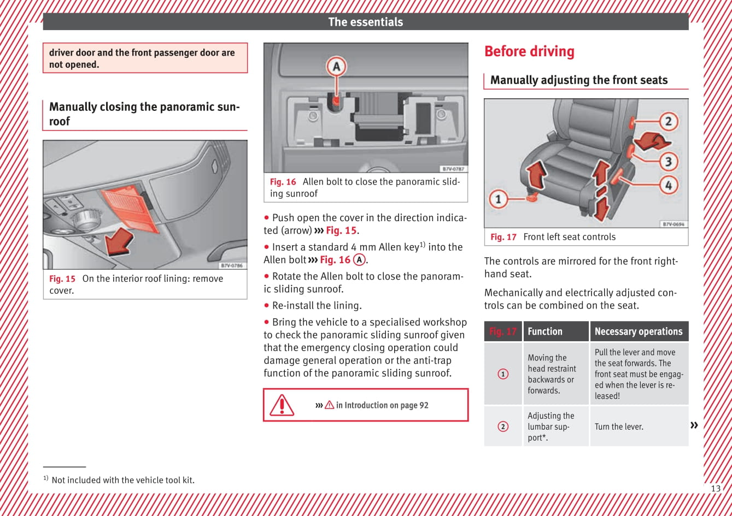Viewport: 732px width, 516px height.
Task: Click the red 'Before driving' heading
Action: (529, 52)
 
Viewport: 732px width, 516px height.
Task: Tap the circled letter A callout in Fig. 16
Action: (336, 67)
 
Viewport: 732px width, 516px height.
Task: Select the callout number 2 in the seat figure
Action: (668, 121)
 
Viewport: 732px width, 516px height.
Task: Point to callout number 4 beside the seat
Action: (668, 185)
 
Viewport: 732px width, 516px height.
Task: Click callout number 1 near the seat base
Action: (498, 198)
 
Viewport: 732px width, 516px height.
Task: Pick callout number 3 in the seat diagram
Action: (668, 161)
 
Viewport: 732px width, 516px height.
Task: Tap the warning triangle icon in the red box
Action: (282, 405)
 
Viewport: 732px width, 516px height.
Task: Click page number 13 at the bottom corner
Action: (715, 489)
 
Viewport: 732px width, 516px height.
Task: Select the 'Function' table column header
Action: (545, 331)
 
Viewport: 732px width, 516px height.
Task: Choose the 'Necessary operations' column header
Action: (639, 331)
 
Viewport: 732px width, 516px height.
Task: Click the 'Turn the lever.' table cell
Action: (619, 426)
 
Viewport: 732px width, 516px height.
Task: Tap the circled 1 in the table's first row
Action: (503, 374)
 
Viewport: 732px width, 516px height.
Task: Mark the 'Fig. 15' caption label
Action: (62, 278)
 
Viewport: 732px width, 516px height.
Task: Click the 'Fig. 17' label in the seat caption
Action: (503, 237)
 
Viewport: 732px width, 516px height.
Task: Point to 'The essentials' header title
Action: (365, 22)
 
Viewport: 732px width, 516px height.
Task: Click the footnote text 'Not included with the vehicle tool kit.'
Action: (123, 480)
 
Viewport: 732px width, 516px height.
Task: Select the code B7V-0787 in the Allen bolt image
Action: (453, 169)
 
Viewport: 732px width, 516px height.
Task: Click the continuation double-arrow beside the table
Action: (694, 425)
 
